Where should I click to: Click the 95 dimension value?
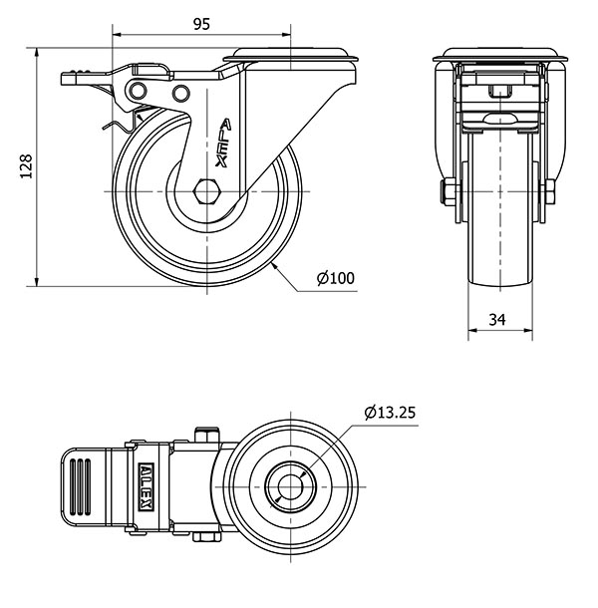[201, 24]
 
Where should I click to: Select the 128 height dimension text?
[26, 166]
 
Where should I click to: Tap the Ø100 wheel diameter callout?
[336, 278]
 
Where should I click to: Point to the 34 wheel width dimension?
[497, 320]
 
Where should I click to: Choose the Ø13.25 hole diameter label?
[390, 413]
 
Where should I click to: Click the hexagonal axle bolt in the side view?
[207, 191]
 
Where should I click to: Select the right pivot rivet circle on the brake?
[180, 93]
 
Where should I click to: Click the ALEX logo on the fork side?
[224, 143]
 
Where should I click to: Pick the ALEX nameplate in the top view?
[147, 486]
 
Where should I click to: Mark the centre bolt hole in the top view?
[290, 486]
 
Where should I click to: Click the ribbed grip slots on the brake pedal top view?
[81, 486]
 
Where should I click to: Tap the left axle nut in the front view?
[448, 191]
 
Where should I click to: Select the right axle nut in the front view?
[550, 191]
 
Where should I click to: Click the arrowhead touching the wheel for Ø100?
[274, 265]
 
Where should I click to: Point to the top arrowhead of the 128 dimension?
[37, 53]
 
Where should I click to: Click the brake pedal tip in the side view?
[63, 79]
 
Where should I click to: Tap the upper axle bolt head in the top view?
[207, 435]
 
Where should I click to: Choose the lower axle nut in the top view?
[206, 536]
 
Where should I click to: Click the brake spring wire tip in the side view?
[104, 128]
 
